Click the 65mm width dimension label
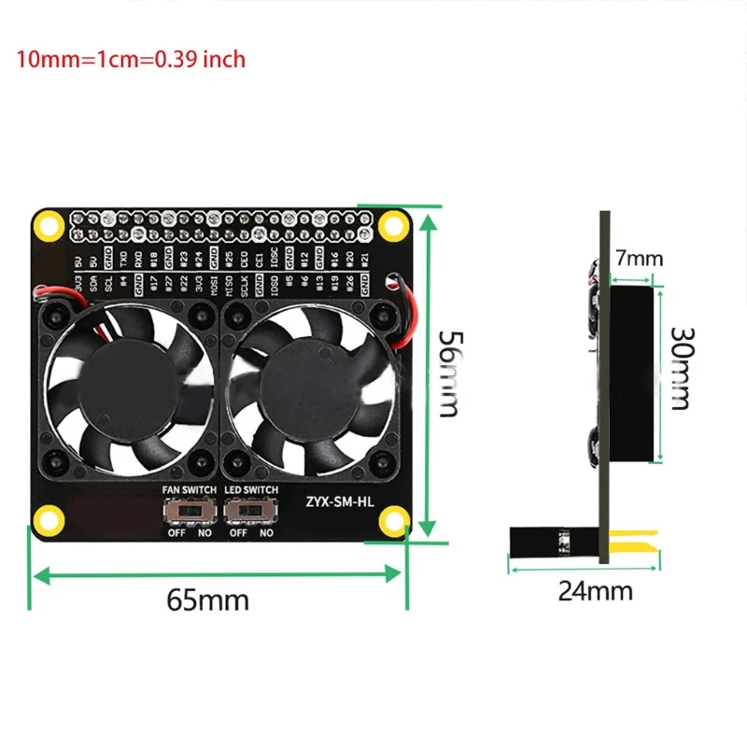click(207, 599)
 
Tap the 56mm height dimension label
click(449, 373)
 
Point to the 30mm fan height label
click(681, 368)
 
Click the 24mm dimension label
click(595, 590)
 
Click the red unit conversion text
click(131, 60)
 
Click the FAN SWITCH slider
click(189, 512)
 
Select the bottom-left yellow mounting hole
click(46, 519)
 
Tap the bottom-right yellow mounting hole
click(394, 519)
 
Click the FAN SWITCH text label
click(190, 490)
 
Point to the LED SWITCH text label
click(251, 490)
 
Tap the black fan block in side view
click(632, 373)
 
